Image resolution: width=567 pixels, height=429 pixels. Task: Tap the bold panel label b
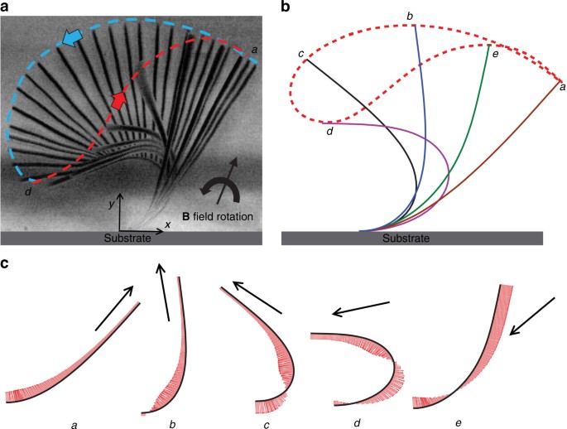click(286, 7)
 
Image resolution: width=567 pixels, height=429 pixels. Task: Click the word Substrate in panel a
click(132, 239)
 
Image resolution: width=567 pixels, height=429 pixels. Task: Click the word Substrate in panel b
click(412, 239)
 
